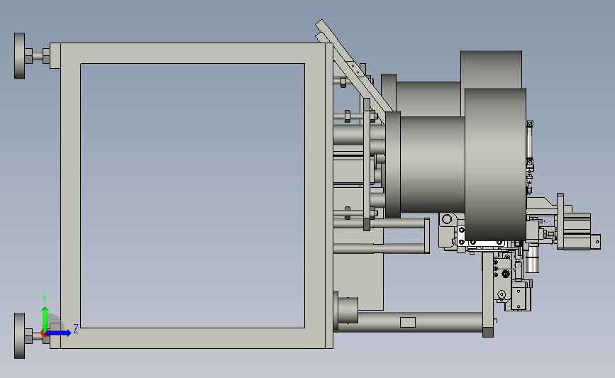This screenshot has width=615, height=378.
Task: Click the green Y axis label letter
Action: point(45,299)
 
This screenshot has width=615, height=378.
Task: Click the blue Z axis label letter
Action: point(76,329)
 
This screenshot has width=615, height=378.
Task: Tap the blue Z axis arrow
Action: point(58,333)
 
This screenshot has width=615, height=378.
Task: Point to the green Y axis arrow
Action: point(45,320)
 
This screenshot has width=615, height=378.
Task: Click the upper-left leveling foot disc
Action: point(20,56)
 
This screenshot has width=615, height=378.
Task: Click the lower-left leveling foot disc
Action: point(20,335)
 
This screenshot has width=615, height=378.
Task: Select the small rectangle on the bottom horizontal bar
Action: point(407,322)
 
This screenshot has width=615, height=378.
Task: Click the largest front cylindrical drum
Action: point(495,165)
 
